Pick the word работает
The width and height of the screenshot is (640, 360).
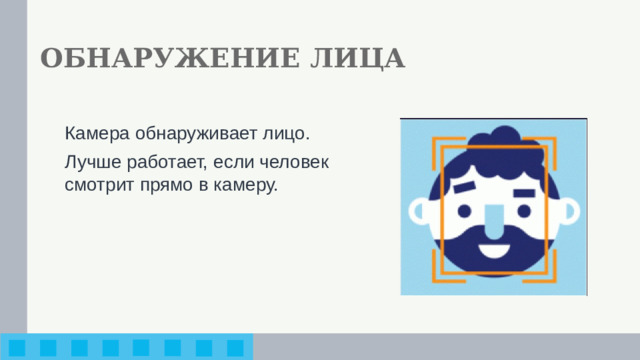click(160, 161)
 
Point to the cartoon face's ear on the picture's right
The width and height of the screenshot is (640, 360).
click(567, 213)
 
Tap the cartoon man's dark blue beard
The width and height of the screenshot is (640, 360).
click(492, 262)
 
